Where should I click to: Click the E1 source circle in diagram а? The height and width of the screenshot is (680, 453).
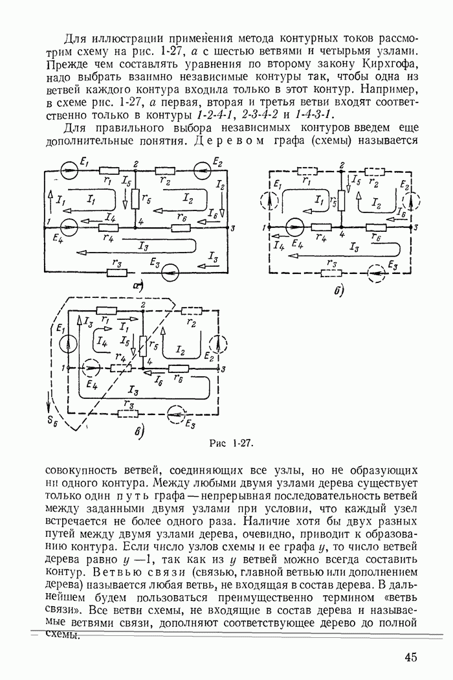point(67,170)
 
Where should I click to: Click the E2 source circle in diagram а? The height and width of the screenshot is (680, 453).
point(202,170)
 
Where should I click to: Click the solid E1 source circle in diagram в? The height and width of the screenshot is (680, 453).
point(64,345)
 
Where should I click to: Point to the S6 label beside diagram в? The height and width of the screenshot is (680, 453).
point(54,423)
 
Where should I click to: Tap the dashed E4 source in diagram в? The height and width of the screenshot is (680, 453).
point(92,368)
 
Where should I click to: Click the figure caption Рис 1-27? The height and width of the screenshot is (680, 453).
point(231,444)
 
